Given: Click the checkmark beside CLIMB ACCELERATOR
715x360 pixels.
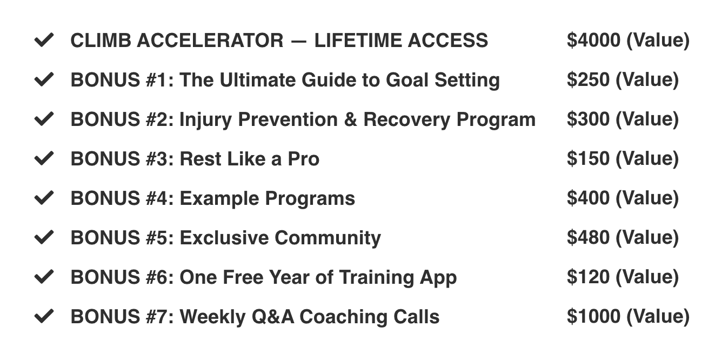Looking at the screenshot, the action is [44, 40].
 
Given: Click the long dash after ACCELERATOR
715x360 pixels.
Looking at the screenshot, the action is [299, 41].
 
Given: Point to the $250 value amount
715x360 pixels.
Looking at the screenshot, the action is [589, 79].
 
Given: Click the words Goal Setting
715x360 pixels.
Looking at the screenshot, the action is [443, 80].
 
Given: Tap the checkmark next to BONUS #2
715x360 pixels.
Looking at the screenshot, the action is [44, 119].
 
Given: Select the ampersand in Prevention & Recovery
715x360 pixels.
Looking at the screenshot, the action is [351, 119].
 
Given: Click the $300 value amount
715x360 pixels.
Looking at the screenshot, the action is [589, 119].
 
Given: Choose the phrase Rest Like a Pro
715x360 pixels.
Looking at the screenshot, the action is [250, 158].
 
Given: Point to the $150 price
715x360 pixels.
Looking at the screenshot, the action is [589, 158].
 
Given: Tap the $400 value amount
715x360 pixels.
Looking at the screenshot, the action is [589, 198].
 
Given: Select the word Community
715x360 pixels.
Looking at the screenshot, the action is [328, 238].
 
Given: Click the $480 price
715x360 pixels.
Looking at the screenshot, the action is [589, 237].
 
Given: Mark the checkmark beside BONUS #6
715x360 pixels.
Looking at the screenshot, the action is [44, 277].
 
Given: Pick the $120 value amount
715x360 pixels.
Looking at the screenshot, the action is [589, 277].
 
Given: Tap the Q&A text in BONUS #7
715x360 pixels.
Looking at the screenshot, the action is [273, 317].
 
